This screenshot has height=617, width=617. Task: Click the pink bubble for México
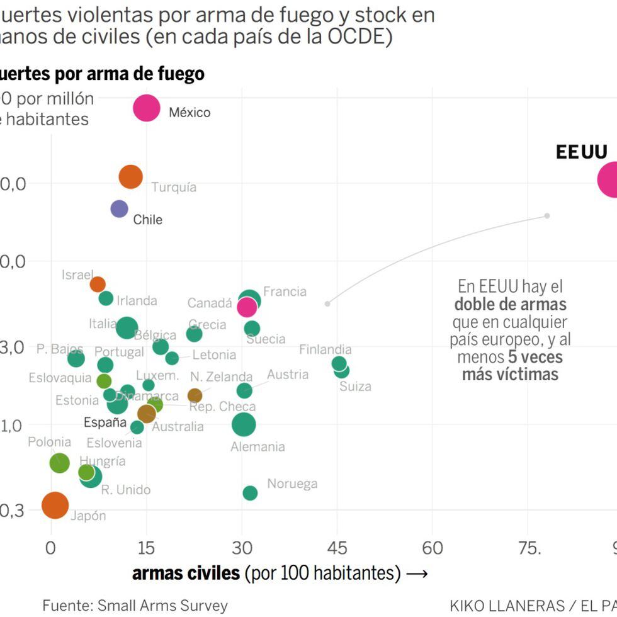pos(146,108)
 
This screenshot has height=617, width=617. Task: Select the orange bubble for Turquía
pos(131,177)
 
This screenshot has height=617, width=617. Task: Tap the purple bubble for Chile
pos(119,208)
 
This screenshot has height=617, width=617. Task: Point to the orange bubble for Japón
pos(55,505)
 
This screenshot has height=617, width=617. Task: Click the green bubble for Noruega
pos(250,493)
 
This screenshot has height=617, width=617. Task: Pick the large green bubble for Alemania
pos(244,424)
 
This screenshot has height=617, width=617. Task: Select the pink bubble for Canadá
pos(247,307)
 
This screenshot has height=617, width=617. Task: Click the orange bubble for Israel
pos(98,284)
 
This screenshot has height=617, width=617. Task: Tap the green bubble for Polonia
pos(59,463)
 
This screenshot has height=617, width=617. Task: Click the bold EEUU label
pos(581,152)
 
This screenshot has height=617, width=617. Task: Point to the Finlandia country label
pos(325,349)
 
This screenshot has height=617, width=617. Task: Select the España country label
pos(105,422)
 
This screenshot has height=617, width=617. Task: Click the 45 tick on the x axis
pos(337,548)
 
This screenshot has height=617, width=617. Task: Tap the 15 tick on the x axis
pos(146,548)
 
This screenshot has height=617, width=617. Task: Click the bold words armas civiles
pos(186,573)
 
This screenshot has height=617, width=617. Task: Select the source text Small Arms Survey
pos(162,606)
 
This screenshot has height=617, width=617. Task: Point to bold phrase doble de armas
pos(510,305)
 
